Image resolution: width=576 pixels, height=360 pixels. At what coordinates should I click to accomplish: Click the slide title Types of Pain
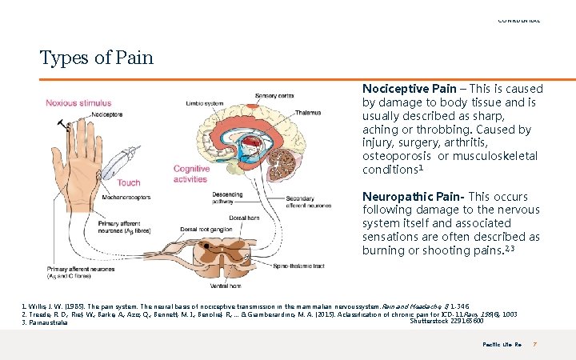96,58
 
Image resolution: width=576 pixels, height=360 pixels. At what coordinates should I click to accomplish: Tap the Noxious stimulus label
78,103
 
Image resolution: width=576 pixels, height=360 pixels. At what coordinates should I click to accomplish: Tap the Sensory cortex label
274,96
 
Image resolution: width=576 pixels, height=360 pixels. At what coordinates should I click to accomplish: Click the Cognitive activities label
191,174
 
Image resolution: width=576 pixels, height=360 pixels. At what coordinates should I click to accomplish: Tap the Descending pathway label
227,198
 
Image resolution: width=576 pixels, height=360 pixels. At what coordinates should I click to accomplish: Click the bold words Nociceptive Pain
409,89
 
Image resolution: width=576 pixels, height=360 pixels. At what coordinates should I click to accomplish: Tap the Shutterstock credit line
446,322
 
